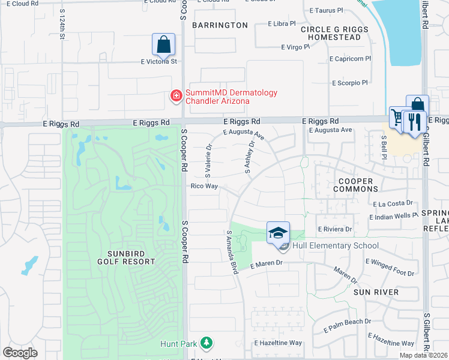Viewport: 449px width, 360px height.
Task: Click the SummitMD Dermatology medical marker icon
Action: pyautogui.click(x=176, y=95)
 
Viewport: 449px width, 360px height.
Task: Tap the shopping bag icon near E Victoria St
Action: pyautogui.click(x=163, y=44)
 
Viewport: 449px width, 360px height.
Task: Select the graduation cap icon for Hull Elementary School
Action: pyautogui.click(x=279, y=232)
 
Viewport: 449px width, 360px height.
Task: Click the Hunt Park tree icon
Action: pyautogui.click(x=206, y=343)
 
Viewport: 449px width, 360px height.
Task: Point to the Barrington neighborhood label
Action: pyautogui.click(x=220, y=25)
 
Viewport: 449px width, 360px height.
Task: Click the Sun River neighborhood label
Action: pyautogui.click(x=376, y=292)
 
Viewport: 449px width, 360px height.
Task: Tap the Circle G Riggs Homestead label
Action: pyautogui.click(x=331, y=33)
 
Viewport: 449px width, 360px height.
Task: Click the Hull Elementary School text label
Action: pyautogui.click(x=336, y=245)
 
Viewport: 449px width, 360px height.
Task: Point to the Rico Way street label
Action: pyautogui.click(x=204, y=186)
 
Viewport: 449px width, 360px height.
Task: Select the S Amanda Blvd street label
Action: pyautogui.click(x=232, y=253)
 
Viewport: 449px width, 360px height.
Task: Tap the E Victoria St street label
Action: pyautogui.click(x=159, y=61)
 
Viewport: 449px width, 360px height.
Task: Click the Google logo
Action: pyautogui.click(x=20, y=353)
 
